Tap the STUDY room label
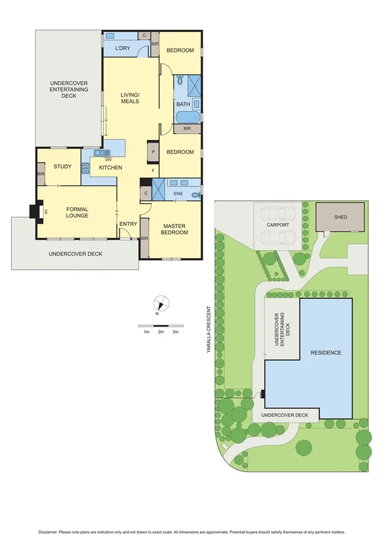point(63,167)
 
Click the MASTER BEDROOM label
point(175,229)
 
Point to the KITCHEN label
point(110,167)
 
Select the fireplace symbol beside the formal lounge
point(35,212)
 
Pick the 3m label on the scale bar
point(175,332)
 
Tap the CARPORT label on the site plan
point(277,226)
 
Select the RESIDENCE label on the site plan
point(325,353)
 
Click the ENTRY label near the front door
point(129,224)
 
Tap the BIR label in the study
point(40,174)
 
